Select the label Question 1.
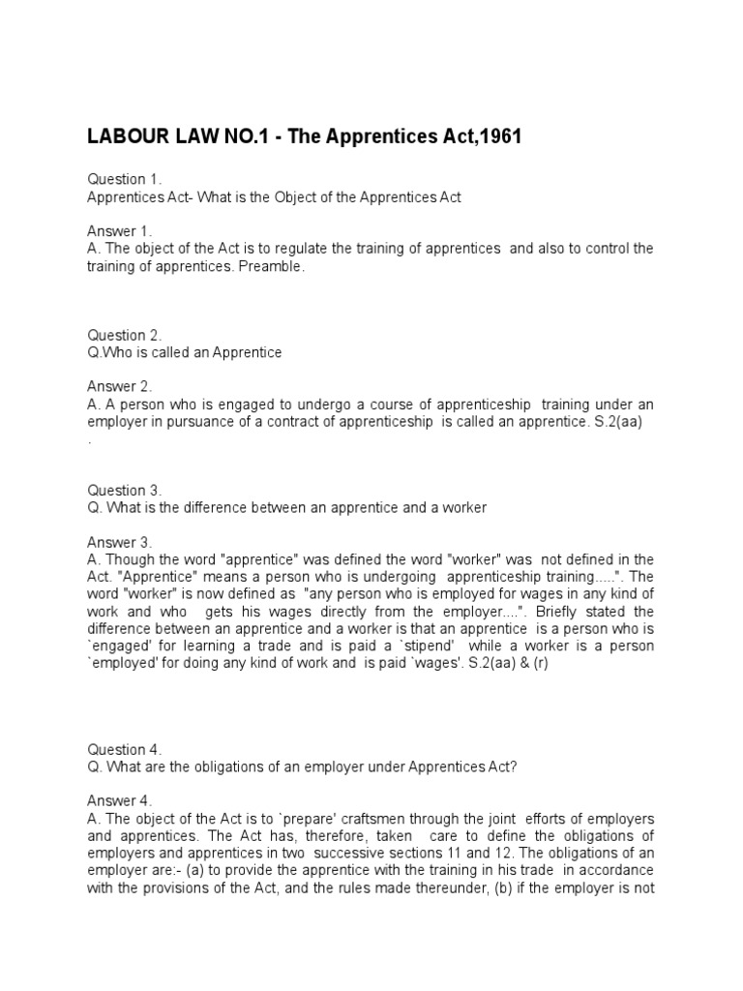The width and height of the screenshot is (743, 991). pos(125,180)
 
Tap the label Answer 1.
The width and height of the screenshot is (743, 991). pos(120,230)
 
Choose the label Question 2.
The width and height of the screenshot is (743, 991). pos(125,335)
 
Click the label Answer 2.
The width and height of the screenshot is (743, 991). pos(120,385)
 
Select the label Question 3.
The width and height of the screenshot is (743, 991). pos(125,490)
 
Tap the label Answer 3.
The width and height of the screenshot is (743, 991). pos(120,541)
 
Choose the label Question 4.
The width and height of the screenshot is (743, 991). pos(125,749)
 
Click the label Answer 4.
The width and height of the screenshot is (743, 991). pos(120,800)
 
